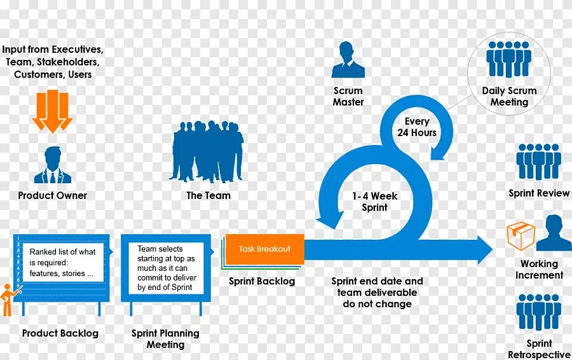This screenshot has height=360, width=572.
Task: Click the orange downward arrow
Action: tap(52, 111)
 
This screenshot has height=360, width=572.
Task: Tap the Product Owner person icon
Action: tap(53, 165)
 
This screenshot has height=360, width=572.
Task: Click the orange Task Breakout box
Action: tap(264, 249)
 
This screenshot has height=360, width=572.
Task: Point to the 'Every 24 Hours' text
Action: tap(417, 127)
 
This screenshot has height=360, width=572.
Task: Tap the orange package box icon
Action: tap(521, 236)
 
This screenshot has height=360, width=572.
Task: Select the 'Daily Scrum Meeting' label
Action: tap(509, 96)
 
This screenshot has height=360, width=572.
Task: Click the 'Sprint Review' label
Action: tap(539, 193)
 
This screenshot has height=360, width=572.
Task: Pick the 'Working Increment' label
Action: tap(539, 269)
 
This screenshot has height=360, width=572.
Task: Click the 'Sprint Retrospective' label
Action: tap(539, 349)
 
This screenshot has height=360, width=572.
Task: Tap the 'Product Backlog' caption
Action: tap(60, 333)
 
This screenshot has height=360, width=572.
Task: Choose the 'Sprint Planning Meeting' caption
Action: tap(165, 339)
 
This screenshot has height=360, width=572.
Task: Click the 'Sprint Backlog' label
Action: tap(262, 281)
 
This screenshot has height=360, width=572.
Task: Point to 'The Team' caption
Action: tap(208, 195)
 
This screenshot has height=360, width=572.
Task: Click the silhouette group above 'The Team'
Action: tap(207, 151)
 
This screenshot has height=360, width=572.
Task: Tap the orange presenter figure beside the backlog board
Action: tap(8, 300)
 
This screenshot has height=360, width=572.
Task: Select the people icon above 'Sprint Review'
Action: tap(538, 162)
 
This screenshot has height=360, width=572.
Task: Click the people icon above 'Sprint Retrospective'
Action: tap(538, 312)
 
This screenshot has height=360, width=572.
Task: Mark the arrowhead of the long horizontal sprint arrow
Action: tap(486, 249)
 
